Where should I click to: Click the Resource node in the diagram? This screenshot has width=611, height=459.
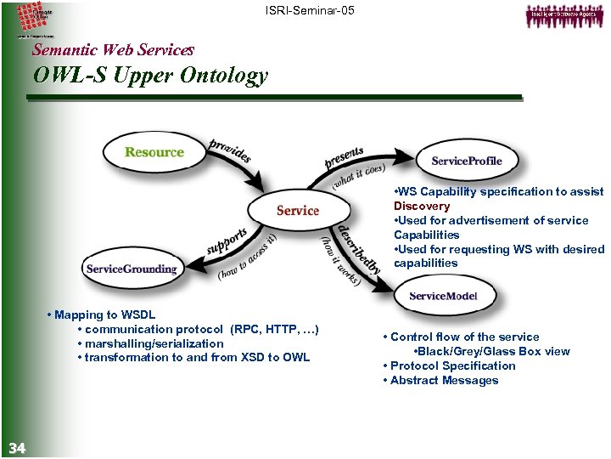pos(154,153)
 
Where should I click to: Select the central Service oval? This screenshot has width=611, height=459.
pos(297,210)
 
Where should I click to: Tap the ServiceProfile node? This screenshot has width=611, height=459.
pos(466,161)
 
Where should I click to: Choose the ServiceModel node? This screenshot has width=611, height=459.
pos(443,296)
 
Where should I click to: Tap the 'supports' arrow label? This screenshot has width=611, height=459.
pos(227,240)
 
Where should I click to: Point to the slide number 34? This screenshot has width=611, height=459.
pos(17,448)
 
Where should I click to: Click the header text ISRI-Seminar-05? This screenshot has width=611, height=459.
pos(309,10)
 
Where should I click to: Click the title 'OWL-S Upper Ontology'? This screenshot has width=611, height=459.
pos(150,76)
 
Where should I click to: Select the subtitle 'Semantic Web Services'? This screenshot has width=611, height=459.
pos(113,50)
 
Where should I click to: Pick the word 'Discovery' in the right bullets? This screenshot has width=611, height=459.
pos(422,207)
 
